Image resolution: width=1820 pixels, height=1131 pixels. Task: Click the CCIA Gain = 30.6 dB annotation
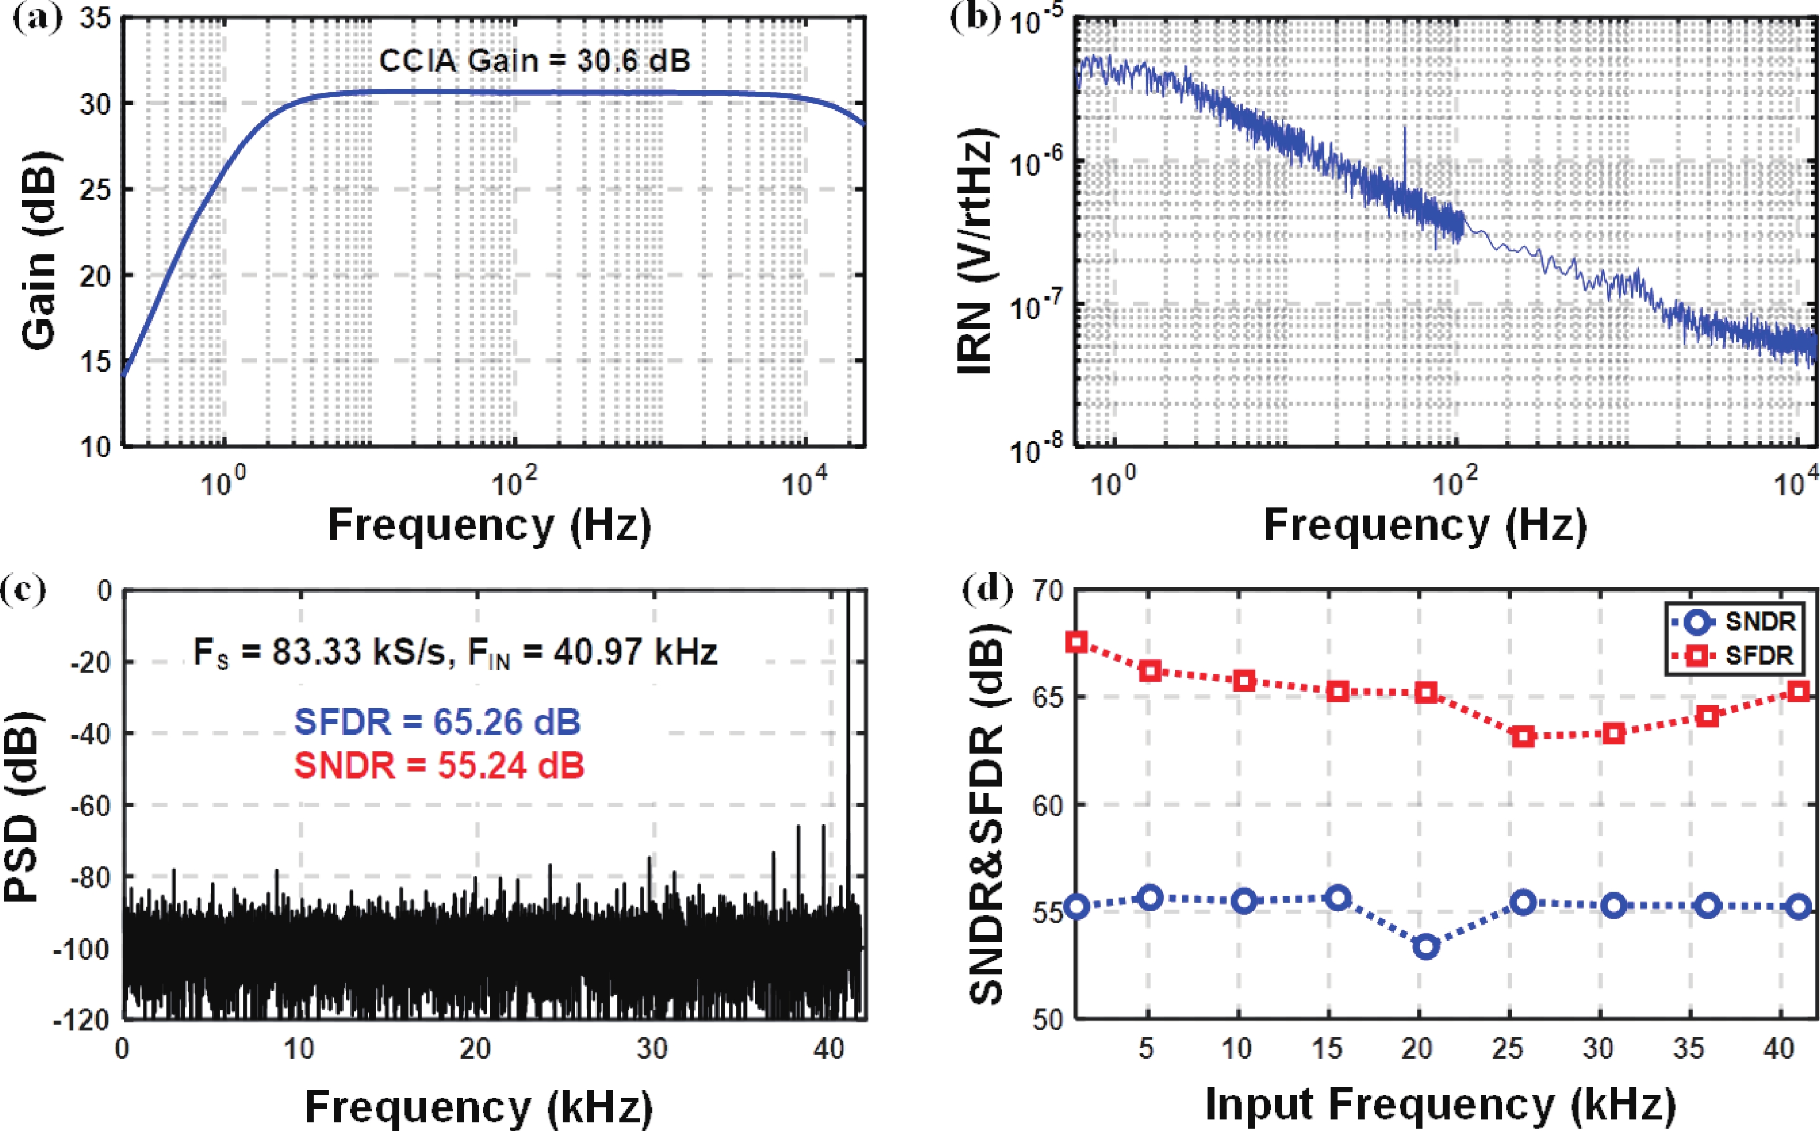point(534,61)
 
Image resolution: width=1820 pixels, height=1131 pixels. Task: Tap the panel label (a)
point(38,16)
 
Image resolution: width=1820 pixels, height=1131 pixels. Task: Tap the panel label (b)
point(974,16)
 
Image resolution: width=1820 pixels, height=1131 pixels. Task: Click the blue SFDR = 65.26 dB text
point(437,722)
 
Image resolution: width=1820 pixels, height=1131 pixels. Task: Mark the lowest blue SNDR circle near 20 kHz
point(1426,946)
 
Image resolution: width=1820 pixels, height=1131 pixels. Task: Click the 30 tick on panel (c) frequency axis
point(652,1049)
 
